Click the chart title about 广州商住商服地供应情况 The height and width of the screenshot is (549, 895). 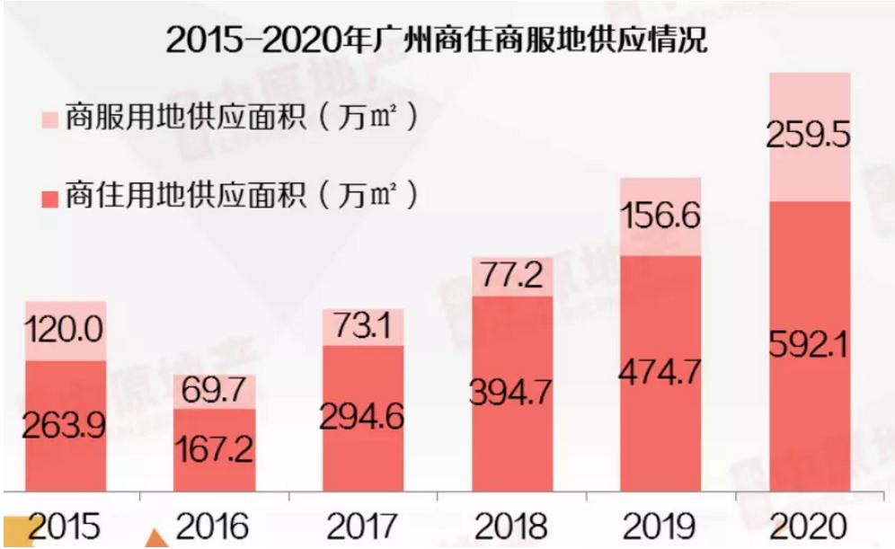(437, 40)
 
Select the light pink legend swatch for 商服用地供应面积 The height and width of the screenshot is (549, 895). (50, 120)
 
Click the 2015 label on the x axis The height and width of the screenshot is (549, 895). (65, 526)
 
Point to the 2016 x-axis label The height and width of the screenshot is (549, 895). (213, 526)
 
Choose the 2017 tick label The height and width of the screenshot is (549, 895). (362, 526)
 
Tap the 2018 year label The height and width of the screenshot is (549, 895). (511, 526)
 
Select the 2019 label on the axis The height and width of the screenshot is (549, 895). (660, 526)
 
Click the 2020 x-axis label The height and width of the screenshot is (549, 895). (809, 526)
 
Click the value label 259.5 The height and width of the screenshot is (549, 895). (808, 136)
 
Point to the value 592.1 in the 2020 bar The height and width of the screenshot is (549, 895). (809, 344)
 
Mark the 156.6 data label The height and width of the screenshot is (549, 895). (660, 217)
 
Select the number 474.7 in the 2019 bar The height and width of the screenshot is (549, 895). (660, 372)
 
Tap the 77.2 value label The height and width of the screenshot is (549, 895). (511, 275)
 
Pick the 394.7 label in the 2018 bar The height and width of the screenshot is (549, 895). (511, 392)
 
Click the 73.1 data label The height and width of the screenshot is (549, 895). (362, 326)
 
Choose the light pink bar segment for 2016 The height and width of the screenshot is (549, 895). (215, 392)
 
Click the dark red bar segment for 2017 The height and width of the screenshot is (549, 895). (363, 419)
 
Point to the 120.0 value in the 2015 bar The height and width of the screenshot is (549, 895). (65, 329)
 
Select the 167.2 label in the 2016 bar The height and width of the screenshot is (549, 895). (214, 449)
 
